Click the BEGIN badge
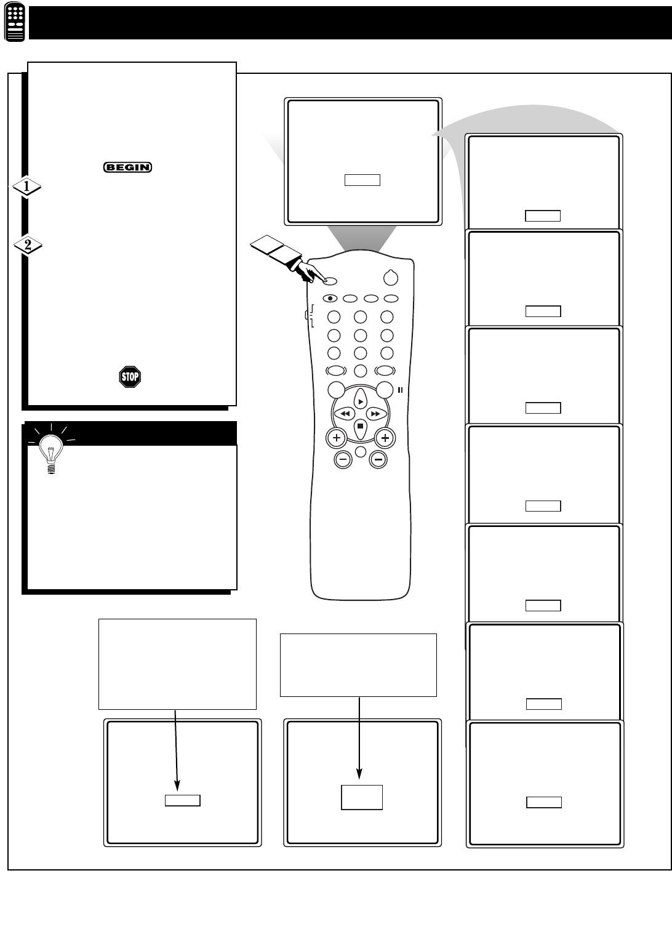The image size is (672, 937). pyautogui.click(x=127, y=167)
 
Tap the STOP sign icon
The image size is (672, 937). pyautogui.click(x=130, y=377)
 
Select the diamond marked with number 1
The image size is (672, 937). pyautogui.click(x=26, y=187)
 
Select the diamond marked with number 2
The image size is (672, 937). pyautogui.click(x=28, y=245)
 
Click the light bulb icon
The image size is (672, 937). pyautogui.click(x=51, y=454)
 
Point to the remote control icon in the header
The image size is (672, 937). pyautogui.click(x=15, y=22)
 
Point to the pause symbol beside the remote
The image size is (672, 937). pyautogui.click(x=400, y=390)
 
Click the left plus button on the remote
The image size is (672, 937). pyautogui.click(x=337, y=438)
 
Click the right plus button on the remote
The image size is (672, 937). pyautogui.click(x=385, y=438)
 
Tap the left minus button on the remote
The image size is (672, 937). pyautogui.click(x=343, y=460)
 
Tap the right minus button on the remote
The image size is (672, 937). pyautogui.click(x=378, y=460)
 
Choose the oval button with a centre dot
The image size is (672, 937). pyautogui.click(x=330, y=299)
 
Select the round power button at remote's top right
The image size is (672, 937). pyautogui.click(x=391, y=278)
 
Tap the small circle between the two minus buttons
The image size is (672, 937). pyautogui.click(x=361, y=452)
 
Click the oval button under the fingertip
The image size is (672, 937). pyautogui.click(x=330, y=281)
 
